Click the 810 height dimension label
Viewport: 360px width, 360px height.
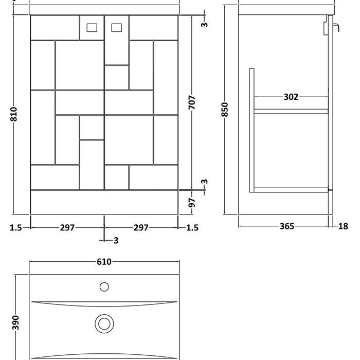coord(14,114)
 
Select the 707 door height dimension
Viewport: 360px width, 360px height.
coord(192,102)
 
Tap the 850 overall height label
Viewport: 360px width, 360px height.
coord(225,110)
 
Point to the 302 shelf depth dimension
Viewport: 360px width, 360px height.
coord(291,97)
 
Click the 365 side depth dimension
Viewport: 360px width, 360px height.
coord(287,226)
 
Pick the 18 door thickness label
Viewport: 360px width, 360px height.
coord(343,226)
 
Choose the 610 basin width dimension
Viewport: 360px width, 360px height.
coord(104,262)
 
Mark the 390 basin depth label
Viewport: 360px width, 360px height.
coord(15,322)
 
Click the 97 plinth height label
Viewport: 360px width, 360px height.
coord(192,203)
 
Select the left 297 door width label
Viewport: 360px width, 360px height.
coord(67,228)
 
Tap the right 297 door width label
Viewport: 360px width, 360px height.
coord(141,228)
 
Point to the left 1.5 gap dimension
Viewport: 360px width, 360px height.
coord(16,228)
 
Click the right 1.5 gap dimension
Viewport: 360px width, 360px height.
coord(192,228)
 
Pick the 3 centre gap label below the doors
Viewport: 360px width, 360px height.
coord(116,241)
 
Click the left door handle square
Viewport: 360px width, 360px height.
coord(92,28)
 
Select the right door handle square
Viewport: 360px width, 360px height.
coord(117,28)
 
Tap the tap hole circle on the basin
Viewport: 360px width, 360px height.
coord(104,287)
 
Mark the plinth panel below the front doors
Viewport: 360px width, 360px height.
coord(104,202)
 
